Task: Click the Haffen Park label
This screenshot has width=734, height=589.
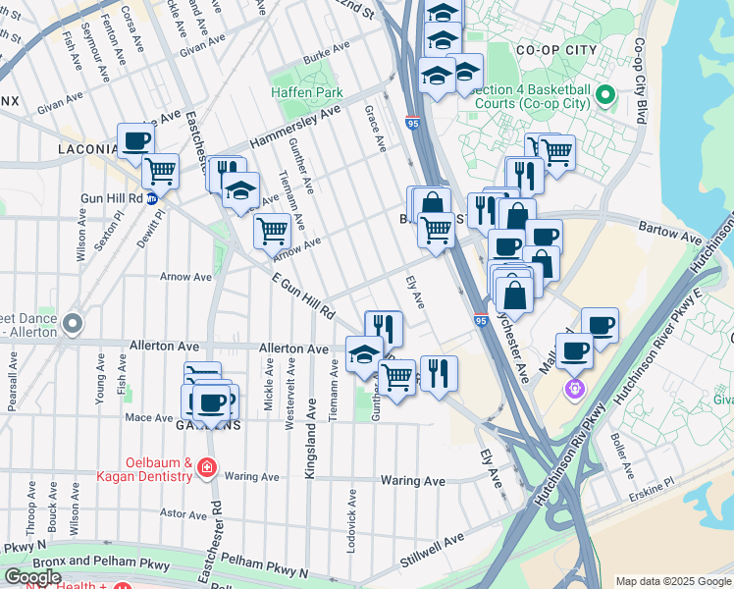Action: point(307,93)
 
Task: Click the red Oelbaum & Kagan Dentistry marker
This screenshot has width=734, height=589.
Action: point(207,468)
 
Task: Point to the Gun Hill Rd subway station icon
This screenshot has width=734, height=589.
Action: point(152,199)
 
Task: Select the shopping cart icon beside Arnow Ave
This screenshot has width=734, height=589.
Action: point(272,232)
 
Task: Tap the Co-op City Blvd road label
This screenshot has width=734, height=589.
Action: point(641,80)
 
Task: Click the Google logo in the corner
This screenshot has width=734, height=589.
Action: point(32,576)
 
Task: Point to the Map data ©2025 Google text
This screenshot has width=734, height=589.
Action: point(672,581)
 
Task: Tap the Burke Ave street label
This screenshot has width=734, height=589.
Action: point(327,59)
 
